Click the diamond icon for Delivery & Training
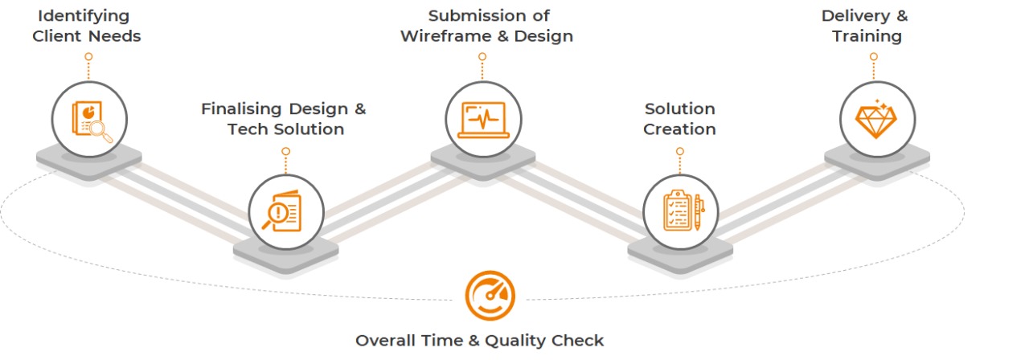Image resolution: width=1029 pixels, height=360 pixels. [x=877, y=120]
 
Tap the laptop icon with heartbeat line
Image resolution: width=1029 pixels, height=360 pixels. [x=482, y=120]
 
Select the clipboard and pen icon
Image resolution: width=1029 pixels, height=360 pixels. [x=680, y=212]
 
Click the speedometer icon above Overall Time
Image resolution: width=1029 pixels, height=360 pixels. [x=490, y=296]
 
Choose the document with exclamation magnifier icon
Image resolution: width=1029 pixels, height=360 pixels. [x=285, y=212]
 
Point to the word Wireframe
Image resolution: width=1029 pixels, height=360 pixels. [x=445, y=36]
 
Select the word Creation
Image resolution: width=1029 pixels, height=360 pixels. [x=679, y=129]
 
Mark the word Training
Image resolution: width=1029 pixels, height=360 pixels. [x=867, y=36]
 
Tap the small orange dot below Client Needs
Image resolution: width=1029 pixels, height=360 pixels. [x=88, y=57]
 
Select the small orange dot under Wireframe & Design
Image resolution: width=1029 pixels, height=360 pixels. [x=482, y=57]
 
